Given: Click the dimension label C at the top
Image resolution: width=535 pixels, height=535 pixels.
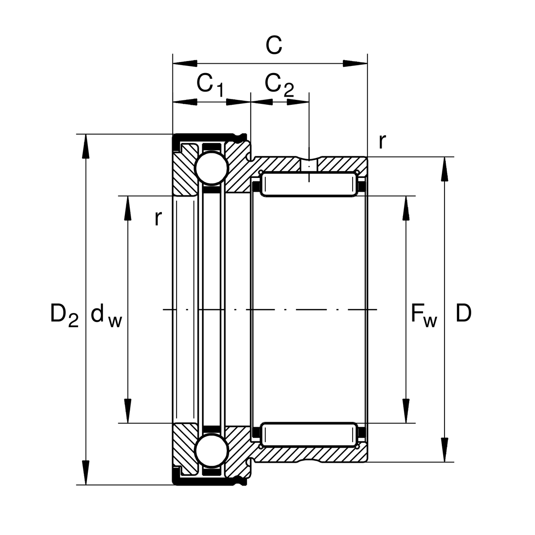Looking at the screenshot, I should tap(274, 45).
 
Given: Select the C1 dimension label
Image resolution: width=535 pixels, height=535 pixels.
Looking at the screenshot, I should tap(210, 84).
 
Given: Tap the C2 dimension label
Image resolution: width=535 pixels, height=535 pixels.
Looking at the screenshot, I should tap(279, 84).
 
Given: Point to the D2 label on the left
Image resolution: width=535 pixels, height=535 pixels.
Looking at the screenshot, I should tap(64, 314).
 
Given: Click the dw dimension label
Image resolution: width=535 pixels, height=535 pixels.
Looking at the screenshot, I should tap(106, 316).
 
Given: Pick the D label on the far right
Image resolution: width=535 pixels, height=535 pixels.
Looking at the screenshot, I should tap(464, 314).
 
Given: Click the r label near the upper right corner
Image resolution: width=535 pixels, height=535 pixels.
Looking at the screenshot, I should tap(382, 142).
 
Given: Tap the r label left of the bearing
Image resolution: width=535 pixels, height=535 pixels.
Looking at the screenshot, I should tap(157, 218).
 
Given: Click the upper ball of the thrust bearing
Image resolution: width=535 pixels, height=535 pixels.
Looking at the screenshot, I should tap(211, 168).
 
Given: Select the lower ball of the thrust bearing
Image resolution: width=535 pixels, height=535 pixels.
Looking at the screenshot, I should tap(211, 451).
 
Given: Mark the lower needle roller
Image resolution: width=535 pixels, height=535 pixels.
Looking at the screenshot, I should tap(309, 435).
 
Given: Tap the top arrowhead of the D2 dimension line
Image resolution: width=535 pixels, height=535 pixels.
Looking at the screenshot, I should tap(85, 145).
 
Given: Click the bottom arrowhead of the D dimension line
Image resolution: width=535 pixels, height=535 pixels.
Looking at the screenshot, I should tap(444, 450).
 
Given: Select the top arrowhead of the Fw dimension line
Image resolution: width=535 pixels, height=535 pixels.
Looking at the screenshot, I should tap(406, 208).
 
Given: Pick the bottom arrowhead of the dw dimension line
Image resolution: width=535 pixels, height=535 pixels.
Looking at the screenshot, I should tap(128, 411).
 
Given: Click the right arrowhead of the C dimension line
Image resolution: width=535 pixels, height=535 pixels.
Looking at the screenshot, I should tap(355, 63).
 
